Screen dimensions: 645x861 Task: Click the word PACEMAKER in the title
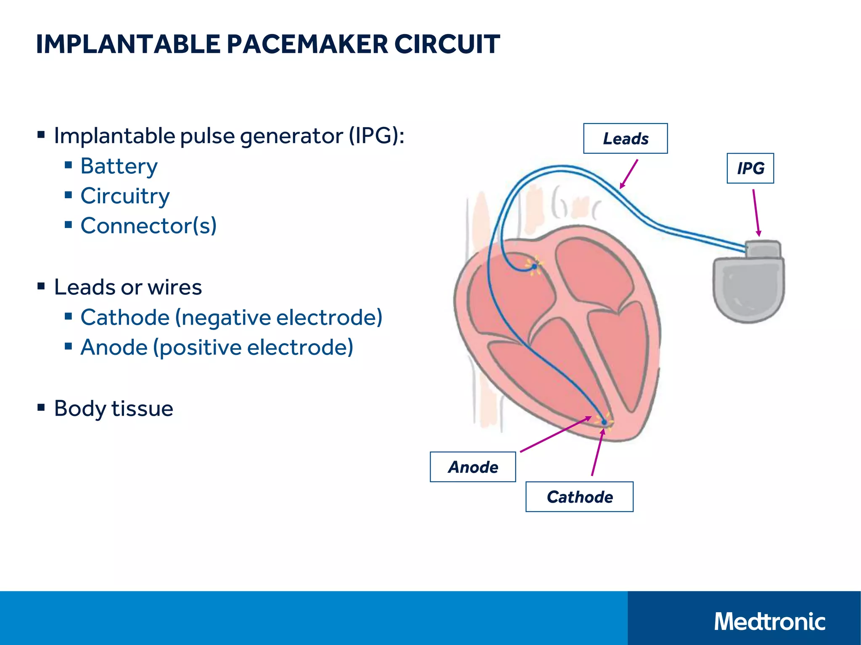307,44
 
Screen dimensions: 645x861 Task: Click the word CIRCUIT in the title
447,44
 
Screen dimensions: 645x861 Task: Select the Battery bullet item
119,166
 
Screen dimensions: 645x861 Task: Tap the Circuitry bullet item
125,196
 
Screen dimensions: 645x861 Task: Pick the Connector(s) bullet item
148,225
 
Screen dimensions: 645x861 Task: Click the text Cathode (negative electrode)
231,317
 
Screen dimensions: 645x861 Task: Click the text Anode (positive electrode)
217,347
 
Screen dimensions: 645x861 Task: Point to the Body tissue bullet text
114,408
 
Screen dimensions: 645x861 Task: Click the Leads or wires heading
128,287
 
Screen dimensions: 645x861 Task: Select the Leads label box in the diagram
625,139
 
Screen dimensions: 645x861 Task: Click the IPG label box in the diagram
750,168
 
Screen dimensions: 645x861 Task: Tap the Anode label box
473,467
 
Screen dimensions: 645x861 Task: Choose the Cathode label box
579,497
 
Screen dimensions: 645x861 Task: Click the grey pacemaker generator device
748,290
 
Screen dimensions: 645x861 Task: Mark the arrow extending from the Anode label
555,435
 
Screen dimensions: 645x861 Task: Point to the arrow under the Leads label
629,174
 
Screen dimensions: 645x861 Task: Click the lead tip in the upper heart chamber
534,266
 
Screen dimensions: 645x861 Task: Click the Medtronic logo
769,621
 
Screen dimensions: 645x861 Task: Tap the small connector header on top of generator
763,249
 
